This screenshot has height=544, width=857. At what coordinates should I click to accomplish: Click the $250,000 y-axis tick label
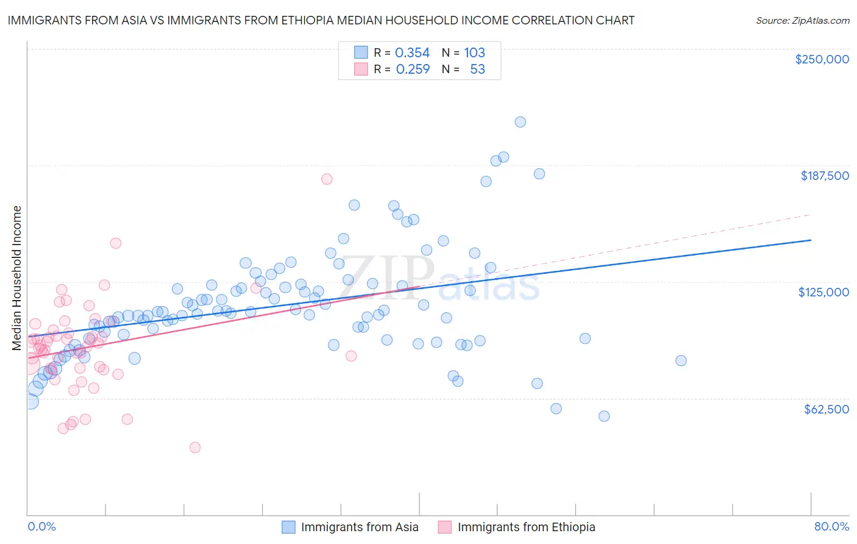click(x=822, y=59)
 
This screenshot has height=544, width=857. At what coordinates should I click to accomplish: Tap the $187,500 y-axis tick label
click(x=824, y=176)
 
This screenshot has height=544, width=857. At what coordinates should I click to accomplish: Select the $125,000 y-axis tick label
click(x=823, y=292)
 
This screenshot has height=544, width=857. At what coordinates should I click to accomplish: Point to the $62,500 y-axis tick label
click(x=826, y=409)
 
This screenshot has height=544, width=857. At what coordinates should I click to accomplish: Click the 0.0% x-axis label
click(x=41, y=526)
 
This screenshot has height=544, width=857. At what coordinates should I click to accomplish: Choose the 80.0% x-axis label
click(x=831, y=526)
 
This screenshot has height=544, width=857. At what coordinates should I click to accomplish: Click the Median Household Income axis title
click(x=17, y=278)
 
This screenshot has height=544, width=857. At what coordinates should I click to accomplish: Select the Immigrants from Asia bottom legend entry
click(x=359, y=527)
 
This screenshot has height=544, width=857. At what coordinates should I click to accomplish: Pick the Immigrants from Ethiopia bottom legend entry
click(x=526, y=527)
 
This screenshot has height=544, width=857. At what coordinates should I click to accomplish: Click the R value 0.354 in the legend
click(x=412, y=53)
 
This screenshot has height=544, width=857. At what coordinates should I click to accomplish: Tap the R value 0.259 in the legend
click(x=413, y=70)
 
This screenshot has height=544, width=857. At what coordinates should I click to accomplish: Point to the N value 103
click(x=474, y=53)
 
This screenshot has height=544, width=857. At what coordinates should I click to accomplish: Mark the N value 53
click(x=477, y=70)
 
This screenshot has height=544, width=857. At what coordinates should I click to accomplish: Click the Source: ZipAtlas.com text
click(x=802, y=20)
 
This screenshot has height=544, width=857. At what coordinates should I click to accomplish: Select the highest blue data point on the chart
click(x=520, y=122)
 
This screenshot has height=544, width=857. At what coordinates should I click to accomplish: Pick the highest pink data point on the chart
click(x=327, y=179)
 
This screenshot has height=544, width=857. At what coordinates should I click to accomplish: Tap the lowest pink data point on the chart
click(x=195, y=448)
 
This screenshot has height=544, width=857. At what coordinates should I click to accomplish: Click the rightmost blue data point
click(x=681, y=360)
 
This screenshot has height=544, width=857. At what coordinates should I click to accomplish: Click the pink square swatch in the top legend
click(x=361, y=69)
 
